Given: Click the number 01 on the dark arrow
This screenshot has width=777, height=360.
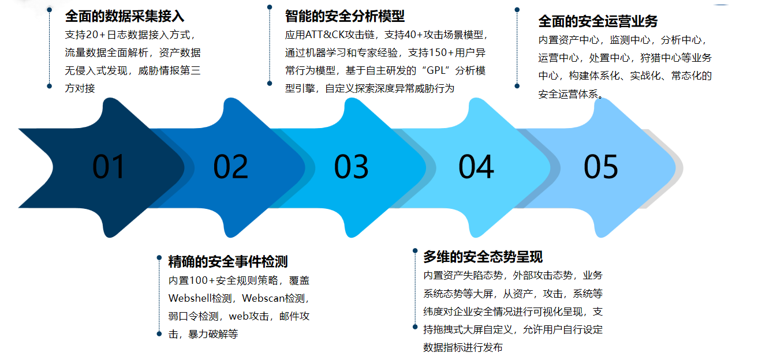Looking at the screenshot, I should (109, 167).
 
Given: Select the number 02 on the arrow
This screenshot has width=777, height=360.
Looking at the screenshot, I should (230, 167).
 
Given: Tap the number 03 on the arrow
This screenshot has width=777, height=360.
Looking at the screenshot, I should (351, 167).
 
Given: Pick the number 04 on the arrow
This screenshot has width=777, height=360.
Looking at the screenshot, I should (476, 167).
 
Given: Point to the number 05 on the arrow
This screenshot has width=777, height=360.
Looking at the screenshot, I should (600, 167).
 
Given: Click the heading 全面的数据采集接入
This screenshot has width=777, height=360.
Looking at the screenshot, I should (125, 16).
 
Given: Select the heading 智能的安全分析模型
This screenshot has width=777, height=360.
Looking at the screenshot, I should (345, 16).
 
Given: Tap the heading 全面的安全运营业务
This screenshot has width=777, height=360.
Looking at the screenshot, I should (598, 21).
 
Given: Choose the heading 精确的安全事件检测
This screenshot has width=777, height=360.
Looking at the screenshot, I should (228, 261).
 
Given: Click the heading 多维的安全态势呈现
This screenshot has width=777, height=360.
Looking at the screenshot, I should (483, 256).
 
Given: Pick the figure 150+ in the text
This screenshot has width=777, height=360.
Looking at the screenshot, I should (442, 52).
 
